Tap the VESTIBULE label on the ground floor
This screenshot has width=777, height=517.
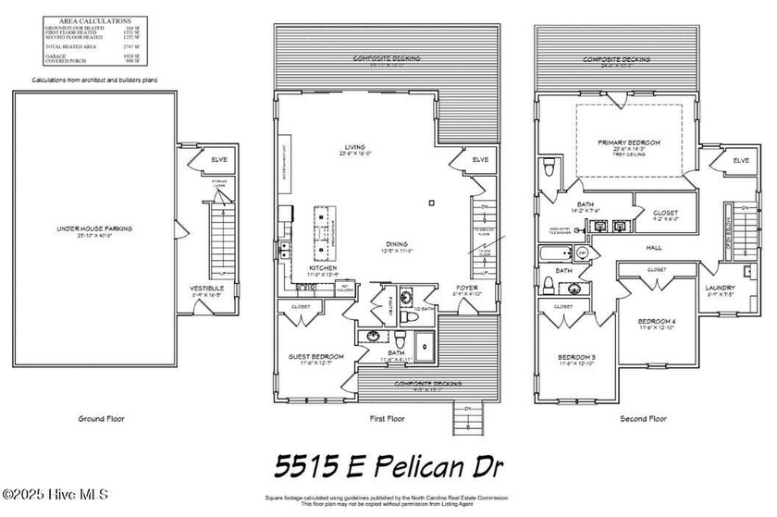[207, 288]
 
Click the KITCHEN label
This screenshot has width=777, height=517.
[323, 267]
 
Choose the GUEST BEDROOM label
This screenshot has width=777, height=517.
[317, 356]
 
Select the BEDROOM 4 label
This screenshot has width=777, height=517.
[659, 322]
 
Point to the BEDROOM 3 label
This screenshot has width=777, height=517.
[576, 357]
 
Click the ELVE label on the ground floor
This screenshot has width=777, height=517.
[218, 160]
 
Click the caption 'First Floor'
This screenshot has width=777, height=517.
[387, 418]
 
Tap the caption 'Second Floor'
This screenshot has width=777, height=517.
[643, 418]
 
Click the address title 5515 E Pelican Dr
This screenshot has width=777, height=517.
[387, 462]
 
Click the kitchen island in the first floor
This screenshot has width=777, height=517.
[325, 230]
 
